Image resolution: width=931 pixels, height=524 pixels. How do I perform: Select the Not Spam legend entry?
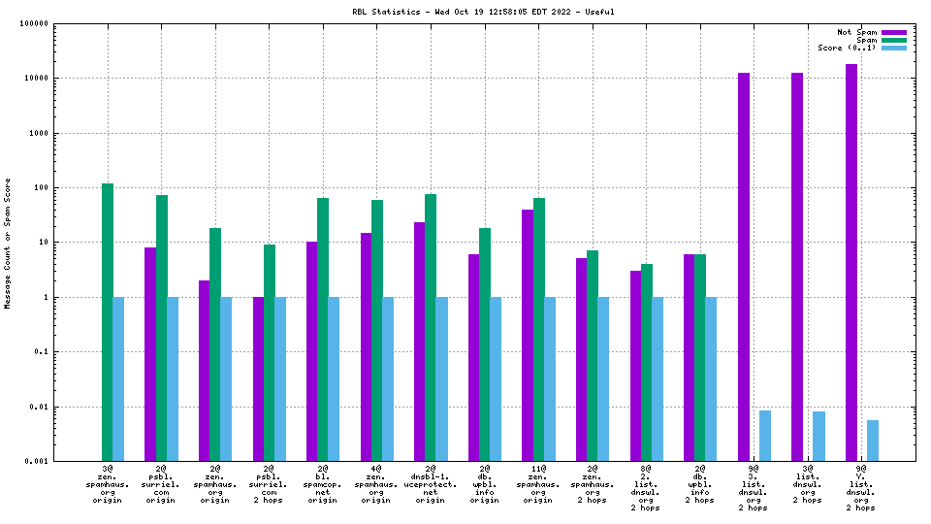tap(857, 32)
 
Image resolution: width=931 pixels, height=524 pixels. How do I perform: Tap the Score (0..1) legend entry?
tap(847, 48)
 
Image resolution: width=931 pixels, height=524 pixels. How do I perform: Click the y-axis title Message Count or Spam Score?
tap(8, 243)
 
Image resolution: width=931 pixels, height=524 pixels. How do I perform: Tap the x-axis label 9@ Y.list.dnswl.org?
tap(861, 488)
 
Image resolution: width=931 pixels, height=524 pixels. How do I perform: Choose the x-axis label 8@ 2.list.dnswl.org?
tap(646, 488)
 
